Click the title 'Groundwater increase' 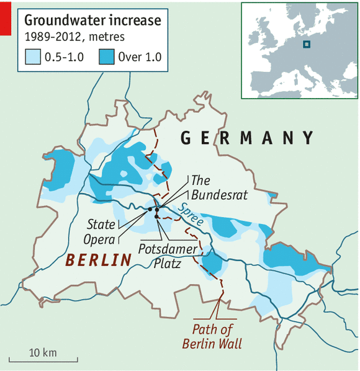click(92, 20)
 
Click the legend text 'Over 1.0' click(140, 58)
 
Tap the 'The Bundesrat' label click(210, 187)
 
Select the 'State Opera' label click(101, 231)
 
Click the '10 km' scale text click(43, 352)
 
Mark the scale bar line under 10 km click(43, 360)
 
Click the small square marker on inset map click(306, 44)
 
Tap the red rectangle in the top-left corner click(5, 17)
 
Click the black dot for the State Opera click(150, 210)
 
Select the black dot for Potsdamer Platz click(157, 217)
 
